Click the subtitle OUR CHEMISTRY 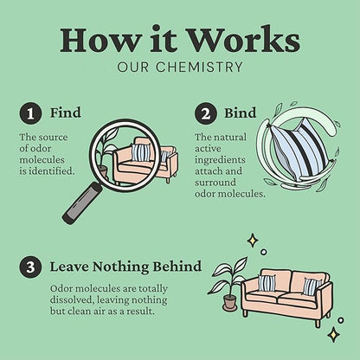click(180, 67)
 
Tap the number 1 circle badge click(30, 113)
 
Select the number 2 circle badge click(205, 113)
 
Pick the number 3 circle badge click(30, 267)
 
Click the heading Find click(66, 112)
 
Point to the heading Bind click(240, 112)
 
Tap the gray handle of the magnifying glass click(82, 202)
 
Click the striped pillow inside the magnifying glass click(141, 152)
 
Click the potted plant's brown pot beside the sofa click(230, 302)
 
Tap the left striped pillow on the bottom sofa click(267, 283)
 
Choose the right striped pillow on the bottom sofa click(312, 286)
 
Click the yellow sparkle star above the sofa click(253, 241)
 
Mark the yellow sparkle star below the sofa click(333, 334)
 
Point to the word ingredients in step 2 click(220, 160)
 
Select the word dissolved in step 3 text click(72, 300)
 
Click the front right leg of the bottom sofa click(318, 323)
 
